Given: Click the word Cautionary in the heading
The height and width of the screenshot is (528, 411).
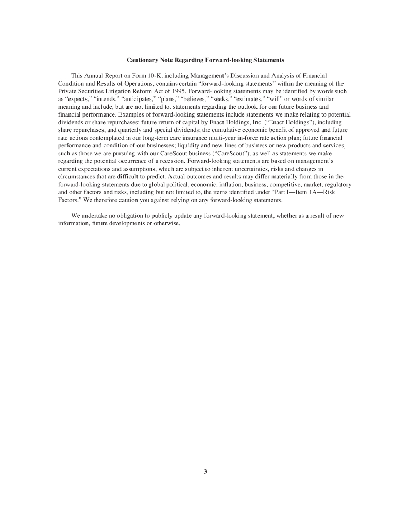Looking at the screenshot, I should click(x=145, y=60).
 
